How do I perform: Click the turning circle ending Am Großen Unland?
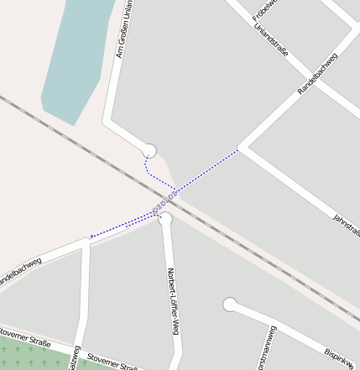[149, 151]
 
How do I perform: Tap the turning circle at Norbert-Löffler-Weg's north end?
[165, 219]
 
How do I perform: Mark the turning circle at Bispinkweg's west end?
[230, 305]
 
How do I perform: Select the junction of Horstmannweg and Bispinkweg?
[274, 324]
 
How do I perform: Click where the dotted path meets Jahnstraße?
[239, 149]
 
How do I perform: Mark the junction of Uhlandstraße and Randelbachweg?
[301, 90]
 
